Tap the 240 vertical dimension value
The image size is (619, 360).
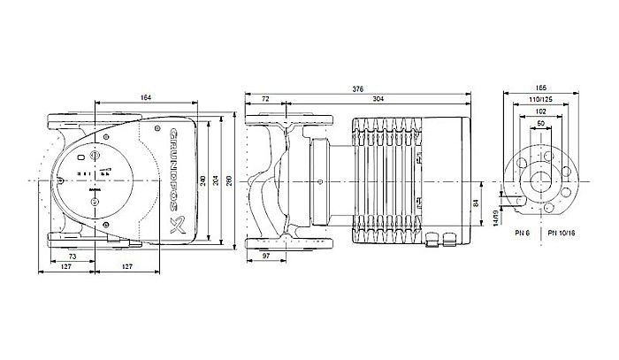[x=203, y=180]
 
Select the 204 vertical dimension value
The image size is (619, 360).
[x=219, y=180]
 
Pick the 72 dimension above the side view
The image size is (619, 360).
[x=266, y=98]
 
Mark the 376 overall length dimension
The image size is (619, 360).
[x=358, y=88]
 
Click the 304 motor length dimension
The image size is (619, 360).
[x=377, y=98]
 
